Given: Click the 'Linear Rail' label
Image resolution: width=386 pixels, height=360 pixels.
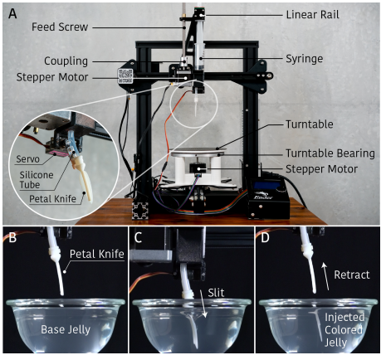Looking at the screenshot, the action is click(312, 15).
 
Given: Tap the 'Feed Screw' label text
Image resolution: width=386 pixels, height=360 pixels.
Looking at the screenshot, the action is click(60, 27).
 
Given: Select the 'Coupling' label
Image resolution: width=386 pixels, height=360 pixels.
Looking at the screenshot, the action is click(66, 61).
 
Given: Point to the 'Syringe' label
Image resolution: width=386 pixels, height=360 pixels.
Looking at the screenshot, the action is click(304, 59).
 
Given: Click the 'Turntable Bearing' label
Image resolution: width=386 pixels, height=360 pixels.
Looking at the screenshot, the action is click(330, 153).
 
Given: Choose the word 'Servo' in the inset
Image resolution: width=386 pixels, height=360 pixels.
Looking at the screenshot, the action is click(27, 159).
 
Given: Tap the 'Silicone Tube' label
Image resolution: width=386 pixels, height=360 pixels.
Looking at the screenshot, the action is click(37, 180).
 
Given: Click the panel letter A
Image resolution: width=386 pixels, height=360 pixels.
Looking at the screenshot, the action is click(12, 13).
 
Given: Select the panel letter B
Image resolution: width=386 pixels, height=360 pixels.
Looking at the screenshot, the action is click(12, 237).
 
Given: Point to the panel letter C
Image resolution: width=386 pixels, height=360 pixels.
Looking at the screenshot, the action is click(138, 237).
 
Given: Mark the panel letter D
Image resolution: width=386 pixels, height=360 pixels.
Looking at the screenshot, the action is click(265, 237).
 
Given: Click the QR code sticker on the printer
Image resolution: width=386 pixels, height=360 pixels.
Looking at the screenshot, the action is click(125, 76).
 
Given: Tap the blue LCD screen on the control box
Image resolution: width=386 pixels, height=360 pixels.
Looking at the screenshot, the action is click(267, 186).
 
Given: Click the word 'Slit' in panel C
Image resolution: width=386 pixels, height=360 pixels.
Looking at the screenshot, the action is click(216, 293).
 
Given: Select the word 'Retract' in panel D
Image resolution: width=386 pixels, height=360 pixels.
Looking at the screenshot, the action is click(352, 275).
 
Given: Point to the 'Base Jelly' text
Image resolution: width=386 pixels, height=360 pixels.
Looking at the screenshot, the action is click(66, 329).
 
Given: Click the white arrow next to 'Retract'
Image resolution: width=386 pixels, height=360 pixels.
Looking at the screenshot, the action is click(325, 276).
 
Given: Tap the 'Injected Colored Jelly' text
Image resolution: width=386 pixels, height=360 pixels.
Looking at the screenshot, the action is click(344, 330).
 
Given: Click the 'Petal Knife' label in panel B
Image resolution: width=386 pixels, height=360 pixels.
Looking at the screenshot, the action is click(96, 254).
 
